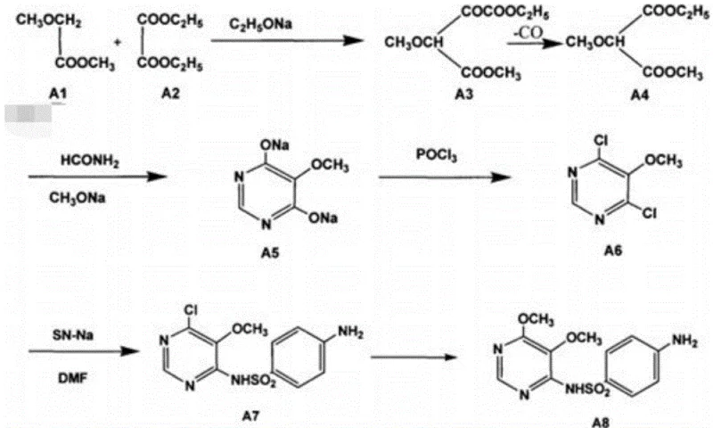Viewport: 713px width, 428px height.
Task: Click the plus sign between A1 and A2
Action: (x=117, y=41)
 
